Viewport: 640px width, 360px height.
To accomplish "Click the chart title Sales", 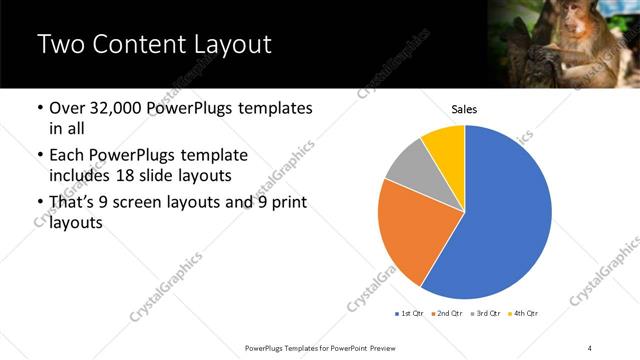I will pyautogui.click(x=465, y=108).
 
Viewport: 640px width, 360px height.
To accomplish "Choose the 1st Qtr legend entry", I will pyautogui.click(x=409, y=314).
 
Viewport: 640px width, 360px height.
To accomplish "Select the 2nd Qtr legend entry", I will pyautogui.click(x=445, y=314).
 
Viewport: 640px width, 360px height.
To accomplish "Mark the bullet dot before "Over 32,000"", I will pyautogui.click(x=39, y=108).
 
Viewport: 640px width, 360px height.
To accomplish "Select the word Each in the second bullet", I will pyautogui.click(x=67, y=156).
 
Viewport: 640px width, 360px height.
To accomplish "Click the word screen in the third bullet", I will pyautogui.click(x=143, y=203).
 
